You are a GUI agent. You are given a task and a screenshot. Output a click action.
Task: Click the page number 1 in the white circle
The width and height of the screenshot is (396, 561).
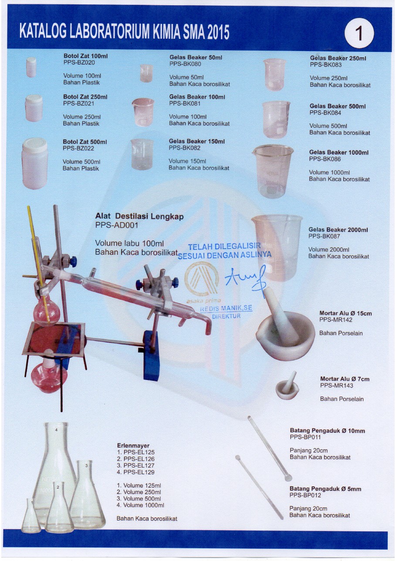pyautogui.click(x=360, y=34)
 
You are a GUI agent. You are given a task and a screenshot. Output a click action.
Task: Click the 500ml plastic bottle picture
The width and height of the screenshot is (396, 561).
pyautogui.click(x=34, y=164)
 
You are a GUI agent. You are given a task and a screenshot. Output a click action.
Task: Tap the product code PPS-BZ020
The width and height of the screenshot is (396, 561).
pyautogui.click(x=79, y=62)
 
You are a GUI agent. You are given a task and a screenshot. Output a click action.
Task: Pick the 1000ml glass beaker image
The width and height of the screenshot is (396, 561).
pyautogui.click(x=274, y=171)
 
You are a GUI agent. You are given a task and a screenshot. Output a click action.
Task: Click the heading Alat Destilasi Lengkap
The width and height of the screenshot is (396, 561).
pyautogui.click(x=139, y=216)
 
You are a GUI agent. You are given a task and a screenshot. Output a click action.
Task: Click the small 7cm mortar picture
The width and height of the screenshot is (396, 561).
pyautogui.click(x=288, y=388)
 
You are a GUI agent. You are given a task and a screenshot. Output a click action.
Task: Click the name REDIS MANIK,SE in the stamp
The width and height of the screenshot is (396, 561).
pyautogui.click(x=226, y=309)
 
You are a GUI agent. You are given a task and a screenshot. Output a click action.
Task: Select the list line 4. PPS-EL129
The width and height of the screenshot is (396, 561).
pyautogui.click(x=136, y=472)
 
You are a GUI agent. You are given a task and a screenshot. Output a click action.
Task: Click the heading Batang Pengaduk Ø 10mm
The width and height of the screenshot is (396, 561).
pyautogui.click(x=327, y=431)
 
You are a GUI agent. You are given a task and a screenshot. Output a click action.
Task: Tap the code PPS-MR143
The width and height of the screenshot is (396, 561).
pyautogui.click(x=336, y=385)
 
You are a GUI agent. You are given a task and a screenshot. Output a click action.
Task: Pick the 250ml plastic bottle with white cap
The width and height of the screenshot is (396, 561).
pyautogui.click(x=34, y=108)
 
